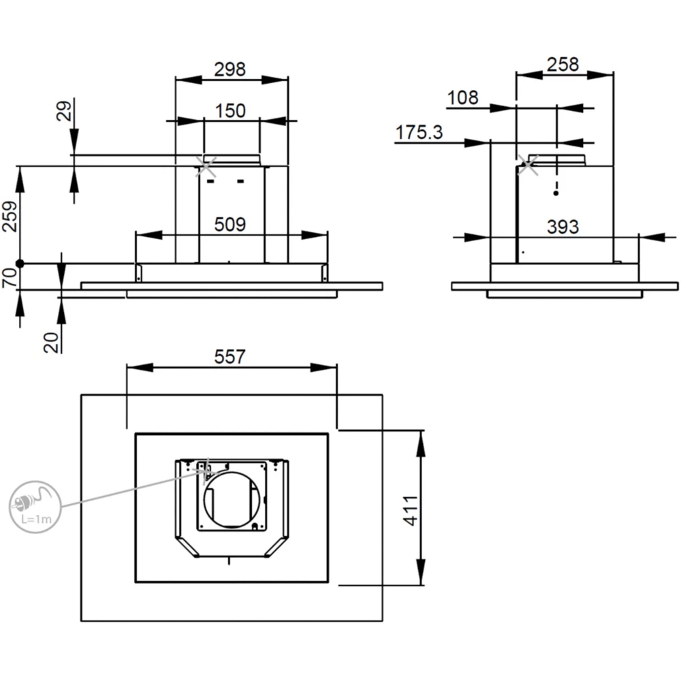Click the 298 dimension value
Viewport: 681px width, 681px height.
click(229, 69)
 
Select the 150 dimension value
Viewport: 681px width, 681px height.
click(230, 111)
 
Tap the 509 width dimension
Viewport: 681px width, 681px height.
click(230, 225)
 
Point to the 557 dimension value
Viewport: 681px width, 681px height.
click(229, 357)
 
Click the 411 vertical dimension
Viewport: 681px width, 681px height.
click(411, 510)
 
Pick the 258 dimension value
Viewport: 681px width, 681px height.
click(563, 65)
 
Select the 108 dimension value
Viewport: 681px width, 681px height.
click(463, 97)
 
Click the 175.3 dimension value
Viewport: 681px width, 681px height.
click(419, 133)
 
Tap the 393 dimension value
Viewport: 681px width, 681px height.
click(563, 227)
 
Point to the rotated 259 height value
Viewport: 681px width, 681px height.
click(10, 217)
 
